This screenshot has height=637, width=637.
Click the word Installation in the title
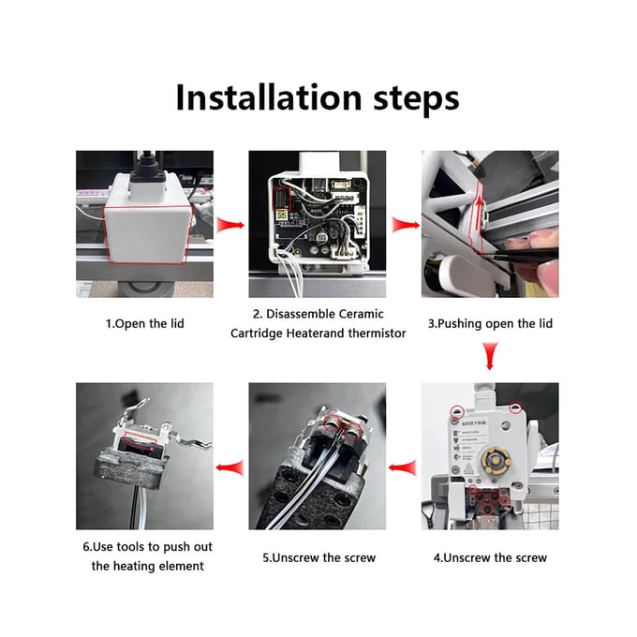(269, 97)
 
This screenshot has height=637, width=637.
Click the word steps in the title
(416, 99)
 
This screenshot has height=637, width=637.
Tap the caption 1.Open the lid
(145, 323)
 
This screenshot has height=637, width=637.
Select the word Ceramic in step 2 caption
(362, 314)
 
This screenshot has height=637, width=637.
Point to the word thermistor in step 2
(377, 333)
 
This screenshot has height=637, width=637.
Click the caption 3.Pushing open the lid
(490, 323)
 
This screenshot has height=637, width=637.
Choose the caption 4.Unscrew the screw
(490, 557)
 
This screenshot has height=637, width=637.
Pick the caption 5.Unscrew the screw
(318, 557)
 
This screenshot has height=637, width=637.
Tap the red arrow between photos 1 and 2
(230, 225)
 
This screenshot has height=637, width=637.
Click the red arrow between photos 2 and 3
(405, 225)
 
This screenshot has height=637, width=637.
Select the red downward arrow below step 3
(490, 356)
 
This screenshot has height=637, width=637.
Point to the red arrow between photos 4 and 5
(403, 467)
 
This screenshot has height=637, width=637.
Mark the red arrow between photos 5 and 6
(230, 467)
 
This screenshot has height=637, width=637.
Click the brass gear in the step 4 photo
(496, 460)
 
